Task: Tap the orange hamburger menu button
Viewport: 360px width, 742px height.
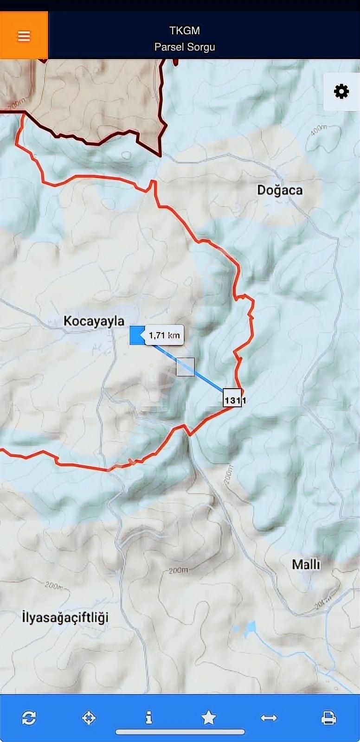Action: (x=24, y=36)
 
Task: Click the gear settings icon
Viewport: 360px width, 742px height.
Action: (x=341, y=91)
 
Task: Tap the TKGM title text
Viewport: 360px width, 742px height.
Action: (x=185, y=31)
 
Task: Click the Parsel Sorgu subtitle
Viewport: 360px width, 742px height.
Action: (x=185, y=47)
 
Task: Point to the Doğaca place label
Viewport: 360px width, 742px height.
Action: (x=280, y=190)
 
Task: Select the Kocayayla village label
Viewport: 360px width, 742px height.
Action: (x=94, y=321)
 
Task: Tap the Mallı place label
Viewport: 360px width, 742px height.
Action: (x=306, y=564)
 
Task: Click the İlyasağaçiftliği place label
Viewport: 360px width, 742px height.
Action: (x=65, y=618)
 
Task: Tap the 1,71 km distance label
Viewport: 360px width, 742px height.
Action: (x=164, y=335)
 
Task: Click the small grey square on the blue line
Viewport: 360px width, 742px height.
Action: (x=185, y=366)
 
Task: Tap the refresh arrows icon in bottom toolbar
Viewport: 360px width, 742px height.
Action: (x=29, y=718)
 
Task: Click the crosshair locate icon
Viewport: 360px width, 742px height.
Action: (x=89, y=718)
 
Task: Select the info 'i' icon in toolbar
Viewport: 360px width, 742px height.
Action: (x=148, y=718)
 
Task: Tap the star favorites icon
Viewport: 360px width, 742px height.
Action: (x=209, y=718)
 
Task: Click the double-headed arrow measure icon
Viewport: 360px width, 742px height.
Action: (x=269, y=718)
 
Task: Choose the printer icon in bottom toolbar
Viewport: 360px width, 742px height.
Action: (x=328, y=718)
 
